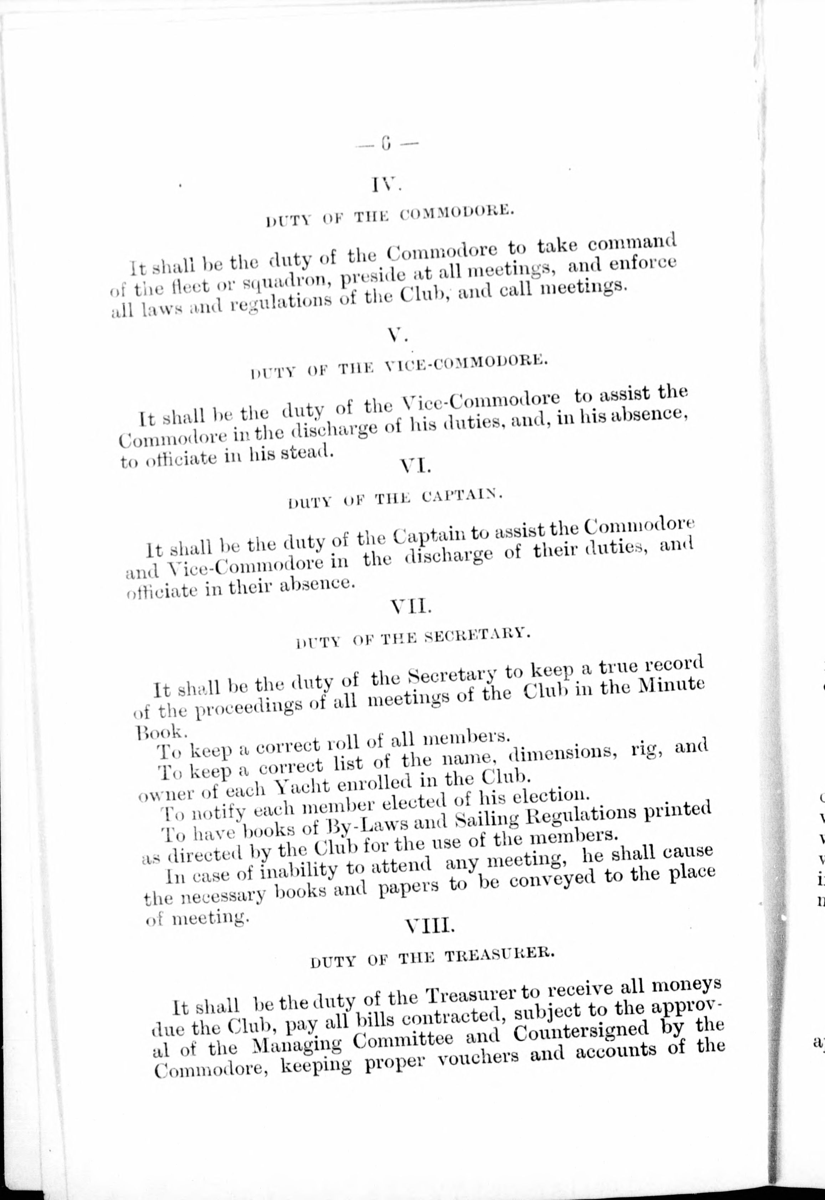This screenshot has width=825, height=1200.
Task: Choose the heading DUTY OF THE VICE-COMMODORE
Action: tap(397, 366)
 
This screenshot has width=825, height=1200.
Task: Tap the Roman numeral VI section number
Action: tap(414, 467)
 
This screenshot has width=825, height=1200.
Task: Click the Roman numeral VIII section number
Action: tap(430, 909)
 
